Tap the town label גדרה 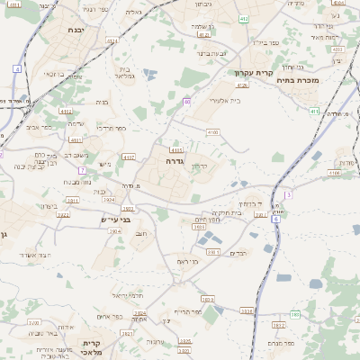[x=175, y=160]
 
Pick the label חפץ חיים [x=209, y=219]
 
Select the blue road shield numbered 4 [x=18, y=68]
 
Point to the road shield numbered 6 [x=277, y=219]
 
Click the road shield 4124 [x=112, y=40]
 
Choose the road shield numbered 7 [x=83, y=169]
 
